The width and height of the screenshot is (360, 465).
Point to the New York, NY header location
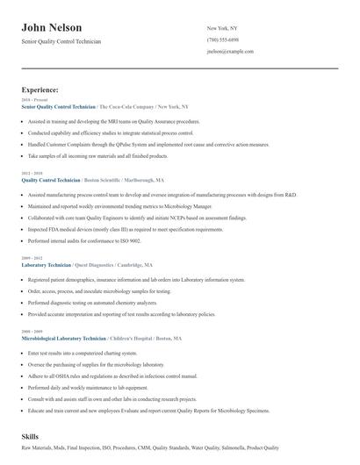222,28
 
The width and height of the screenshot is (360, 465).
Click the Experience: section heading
40,89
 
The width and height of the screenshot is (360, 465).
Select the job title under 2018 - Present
59,105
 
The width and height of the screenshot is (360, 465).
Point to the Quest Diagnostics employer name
101,263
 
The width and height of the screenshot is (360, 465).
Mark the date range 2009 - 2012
31,258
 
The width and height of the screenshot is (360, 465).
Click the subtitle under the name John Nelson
61,41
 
